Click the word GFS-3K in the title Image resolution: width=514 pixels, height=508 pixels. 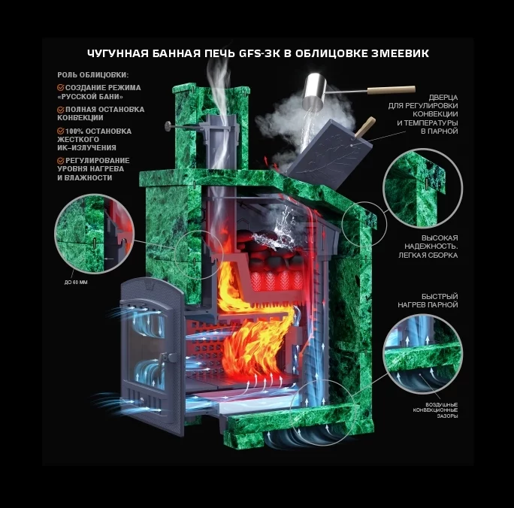259,53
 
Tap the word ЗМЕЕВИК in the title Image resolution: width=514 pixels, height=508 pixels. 400,53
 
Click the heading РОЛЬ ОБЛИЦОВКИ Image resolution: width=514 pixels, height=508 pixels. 93,74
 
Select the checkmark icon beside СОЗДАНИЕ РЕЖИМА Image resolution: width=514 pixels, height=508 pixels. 61,87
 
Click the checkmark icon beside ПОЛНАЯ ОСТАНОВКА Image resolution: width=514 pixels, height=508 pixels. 61,110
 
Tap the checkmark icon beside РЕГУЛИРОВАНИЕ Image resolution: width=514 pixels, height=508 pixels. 61,161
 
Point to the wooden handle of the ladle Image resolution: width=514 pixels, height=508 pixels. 391,89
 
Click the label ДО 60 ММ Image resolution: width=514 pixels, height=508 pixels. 76,283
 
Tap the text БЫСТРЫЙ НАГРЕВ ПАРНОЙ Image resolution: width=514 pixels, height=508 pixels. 428,301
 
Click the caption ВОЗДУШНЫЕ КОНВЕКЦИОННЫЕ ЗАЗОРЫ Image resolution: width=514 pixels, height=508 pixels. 435,410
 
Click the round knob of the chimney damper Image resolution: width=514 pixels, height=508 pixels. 168,125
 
